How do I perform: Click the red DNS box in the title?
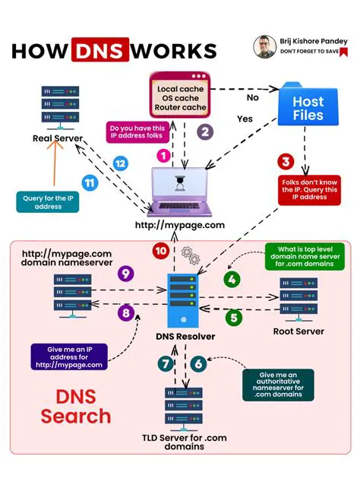(x=102, y=51)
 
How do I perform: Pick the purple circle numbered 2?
(x=204, y=131)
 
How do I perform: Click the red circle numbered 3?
(x=285, y=161)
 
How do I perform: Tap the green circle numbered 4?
(x=231, y=279)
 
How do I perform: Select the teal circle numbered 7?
(x=166, y=363)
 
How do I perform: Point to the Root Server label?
(x=298, y=331)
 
